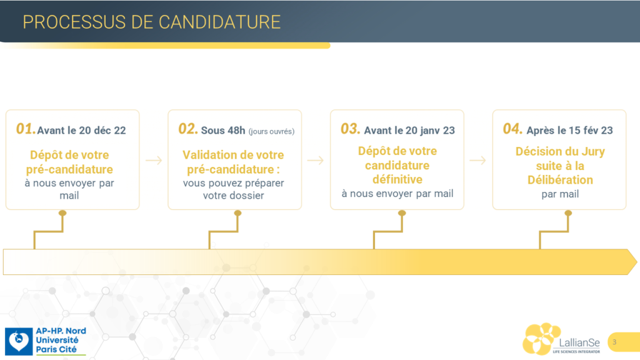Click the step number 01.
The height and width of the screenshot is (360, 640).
coord(26,129)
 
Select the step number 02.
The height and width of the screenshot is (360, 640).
coord(188,129)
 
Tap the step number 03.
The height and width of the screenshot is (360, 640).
coord(351,129)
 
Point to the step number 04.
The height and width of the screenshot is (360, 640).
coord(512,129)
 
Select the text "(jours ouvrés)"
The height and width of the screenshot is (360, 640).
coord(271,131)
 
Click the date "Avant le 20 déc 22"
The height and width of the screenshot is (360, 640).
coord(82,130)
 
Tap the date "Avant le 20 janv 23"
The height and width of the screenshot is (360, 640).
coord(409,130)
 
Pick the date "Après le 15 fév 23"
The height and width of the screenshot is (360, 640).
coord(570,130)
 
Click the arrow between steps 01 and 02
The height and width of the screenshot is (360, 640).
coord(154,161)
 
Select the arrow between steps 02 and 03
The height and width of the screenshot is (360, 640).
coord(316,161)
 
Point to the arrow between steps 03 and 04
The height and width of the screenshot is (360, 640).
coord(478,161)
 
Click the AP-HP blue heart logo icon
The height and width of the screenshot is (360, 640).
coord(19,341)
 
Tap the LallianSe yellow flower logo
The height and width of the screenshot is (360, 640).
coord(542,339)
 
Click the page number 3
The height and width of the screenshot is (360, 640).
coord(614,342)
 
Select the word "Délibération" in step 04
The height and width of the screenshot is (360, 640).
coord(560,179)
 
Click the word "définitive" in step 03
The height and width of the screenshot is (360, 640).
coord(397,179)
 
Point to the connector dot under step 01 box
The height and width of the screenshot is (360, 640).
coord(62,213)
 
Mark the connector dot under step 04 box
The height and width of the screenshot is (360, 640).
coord(568,213)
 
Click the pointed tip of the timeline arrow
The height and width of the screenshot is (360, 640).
coord(637,262)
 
